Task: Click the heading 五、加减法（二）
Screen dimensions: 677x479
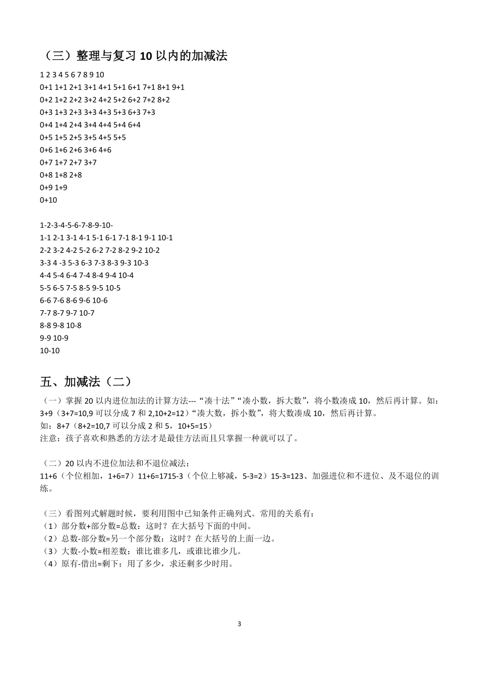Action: tap(86, 381)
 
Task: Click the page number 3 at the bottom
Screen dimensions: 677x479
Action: tap(239, 624)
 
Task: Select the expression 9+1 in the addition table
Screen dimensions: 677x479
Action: tap(178, 87)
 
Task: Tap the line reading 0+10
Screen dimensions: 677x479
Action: tap(48, 200)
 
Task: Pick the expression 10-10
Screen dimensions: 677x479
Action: tap(49, 351)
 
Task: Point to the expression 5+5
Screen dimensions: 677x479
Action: tap(119, 138)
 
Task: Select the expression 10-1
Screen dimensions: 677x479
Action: tap(165, 238)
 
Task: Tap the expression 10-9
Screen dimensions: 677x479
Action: tap(61, 338)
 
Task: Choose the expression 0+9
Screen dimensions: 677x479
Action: tap(46, 187)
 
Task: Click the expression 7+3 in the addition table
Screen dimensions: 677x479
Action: tap(149, 112)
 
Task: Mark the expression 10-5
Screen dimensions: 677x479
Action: tap(112, 288)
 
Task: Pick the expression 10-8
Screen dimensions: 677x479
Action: tap(74, 325)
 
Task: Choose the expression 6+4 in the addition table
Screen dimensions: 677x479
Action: tap(134, 125)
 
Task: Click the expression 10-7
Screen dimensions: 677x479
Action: tap(87, 313)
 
